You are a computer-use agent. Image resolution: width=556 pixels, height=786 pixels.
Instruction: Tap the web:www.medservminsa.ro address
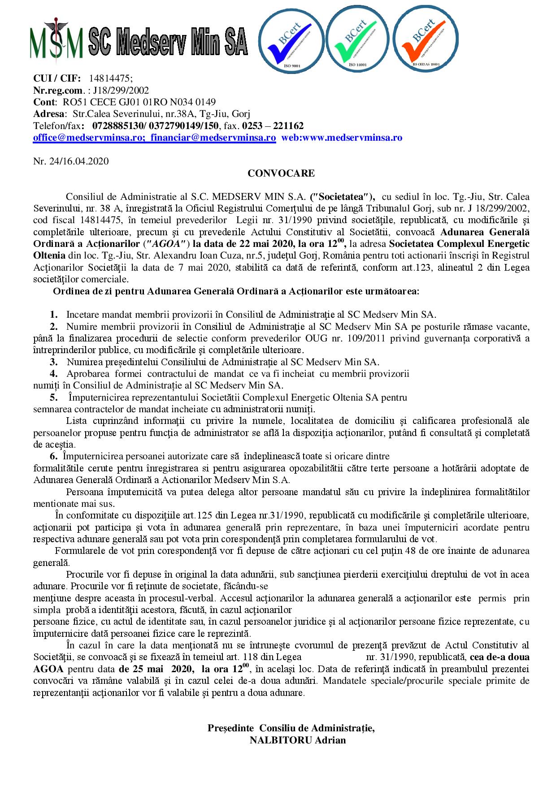coord(342,138)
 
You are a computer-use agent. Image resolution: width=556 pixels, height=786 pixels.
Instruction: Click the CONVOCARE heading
coord(281,173)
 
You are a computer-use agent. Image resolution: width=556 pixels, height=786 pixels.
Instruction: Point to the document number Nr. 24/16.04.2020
coord(71,161)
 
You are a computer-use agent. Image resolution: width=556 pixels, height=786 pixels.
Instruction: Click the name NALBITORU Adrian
coord(298,740)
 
